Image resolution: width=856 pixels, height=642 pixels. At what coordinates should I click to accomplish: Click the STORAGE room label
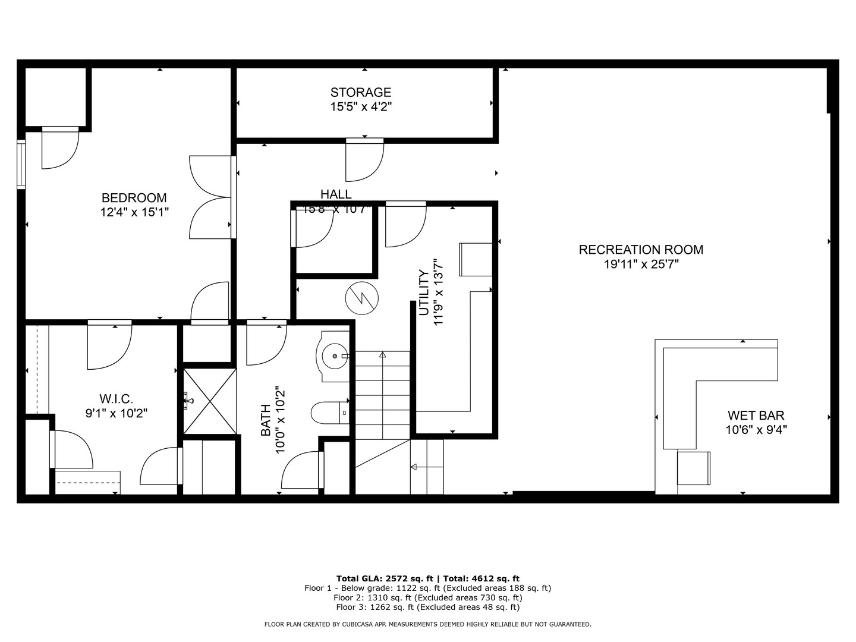click(x=361, y=92)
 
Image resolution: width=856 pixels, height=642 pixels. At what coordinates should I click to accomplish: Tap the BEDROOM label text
click(x=134, y=198)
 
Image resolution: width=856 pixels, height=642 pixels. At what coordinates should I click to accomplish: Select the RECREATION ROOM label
click(x=641, y=250)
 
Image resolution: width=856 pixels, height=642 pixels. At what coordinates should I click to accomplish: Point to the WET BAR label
click(x=756, y=416)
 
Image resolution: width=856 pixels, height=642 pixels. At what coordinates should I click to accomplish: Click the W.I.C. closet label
click(x=116, y=398)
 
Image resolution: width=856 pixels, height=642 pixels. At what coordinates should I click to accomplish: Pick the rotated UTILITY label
click(x=424, y=292)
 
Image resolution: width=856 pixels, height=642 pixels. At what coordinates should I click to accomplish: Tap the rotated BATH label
click(x=266, y=420)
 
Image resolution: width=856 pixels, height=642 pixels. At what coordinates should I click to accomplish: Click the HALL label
click(x=336, y=194)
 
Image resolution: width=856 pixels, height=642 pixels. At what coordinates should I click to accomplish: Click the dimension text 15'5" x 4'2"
click(x=361, y=107)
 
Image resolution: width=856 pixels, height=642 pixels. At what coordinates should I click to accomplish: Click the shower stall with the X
click(x=209, y=401)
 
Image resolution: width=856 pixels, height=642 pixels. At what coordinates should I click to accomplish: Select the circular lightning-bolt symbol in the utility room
click(x=361, y=296)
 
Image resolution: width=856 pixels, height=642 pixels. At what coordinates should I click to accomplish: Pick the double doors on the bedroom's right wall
click(x=211, y=197)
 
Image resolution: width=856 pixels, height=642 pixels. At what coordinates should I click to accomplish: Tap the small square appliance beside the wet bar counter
click(x=693, y=468)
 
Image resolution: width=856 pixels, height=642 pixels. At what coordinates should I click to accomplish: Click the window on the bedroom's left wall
click(x=21, y=164)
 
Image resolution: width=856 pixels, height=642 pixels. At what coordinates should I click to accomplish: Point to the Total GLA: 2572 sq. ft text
click(x=386, y=578)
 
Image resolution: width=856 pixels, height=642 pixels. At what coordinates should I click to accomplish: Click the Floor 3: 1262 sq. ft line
click(x=427, y=607)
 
